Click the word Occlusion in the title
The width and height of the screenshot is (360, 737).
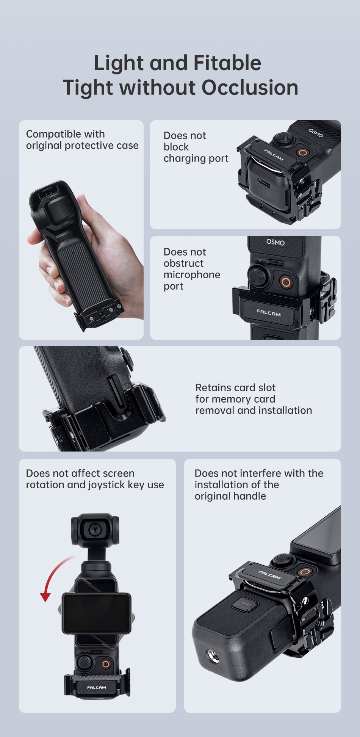click(250, 88)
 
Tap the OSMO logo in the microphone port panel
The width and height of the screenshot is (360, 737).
click(275, 242)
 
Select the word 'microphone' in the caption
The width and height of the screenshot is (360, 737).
click(192, 274)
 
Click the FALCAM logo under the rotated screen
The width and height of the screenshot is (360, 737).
click(97, 687)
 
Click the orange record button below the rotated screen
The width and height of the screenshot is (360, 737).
click(106, 664)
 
